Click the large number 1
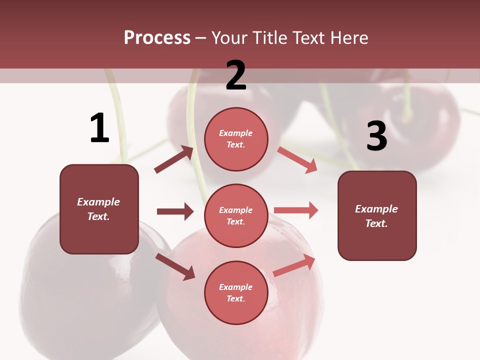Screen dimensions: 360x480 [99, 128]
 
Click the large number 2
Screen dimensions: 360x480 [236, 75]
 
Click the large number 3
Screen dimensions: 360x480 [376, 136]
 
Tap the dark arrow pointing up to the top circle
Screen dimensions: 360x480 [174, 159]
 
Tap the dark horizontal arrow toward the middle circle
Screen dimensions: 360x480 [175, 211]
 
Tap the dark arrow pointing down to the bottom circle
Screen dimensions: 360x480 [175, 266]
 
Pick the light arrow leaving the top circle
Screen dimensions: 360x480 [297, 160]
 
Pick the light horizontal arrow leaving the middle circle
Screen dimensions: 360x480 [296, 210]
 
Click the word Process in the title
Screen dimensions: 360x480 [157, 37]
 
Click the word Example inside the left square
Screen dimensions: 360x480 [98, 202]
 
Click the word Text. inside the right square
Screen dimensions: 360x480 [376, 223]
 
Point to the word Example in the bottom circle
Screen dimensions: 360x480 [236, 287]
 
